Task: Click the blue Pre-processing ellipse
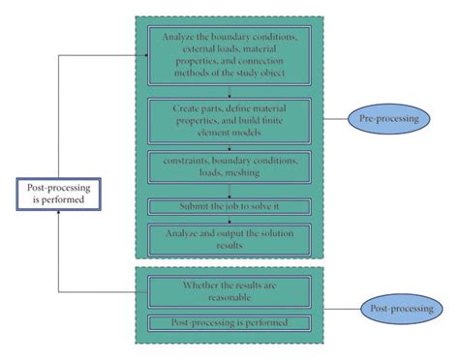pyautogui.click(x=394, y=119)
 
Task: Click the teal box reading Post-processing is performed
pyautogui.click(x=229, y=321)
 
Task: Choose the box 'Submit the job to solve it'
pyautogui.click(x=229, y=206)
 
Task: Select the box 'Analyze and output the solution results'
pyautogui.click(x=229, y=236)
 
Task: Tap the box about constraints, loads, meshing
pyautogui.click(x=229, y=166)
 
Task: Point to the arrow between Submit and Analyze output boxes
pyautogui.click(x=229, y=219)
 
